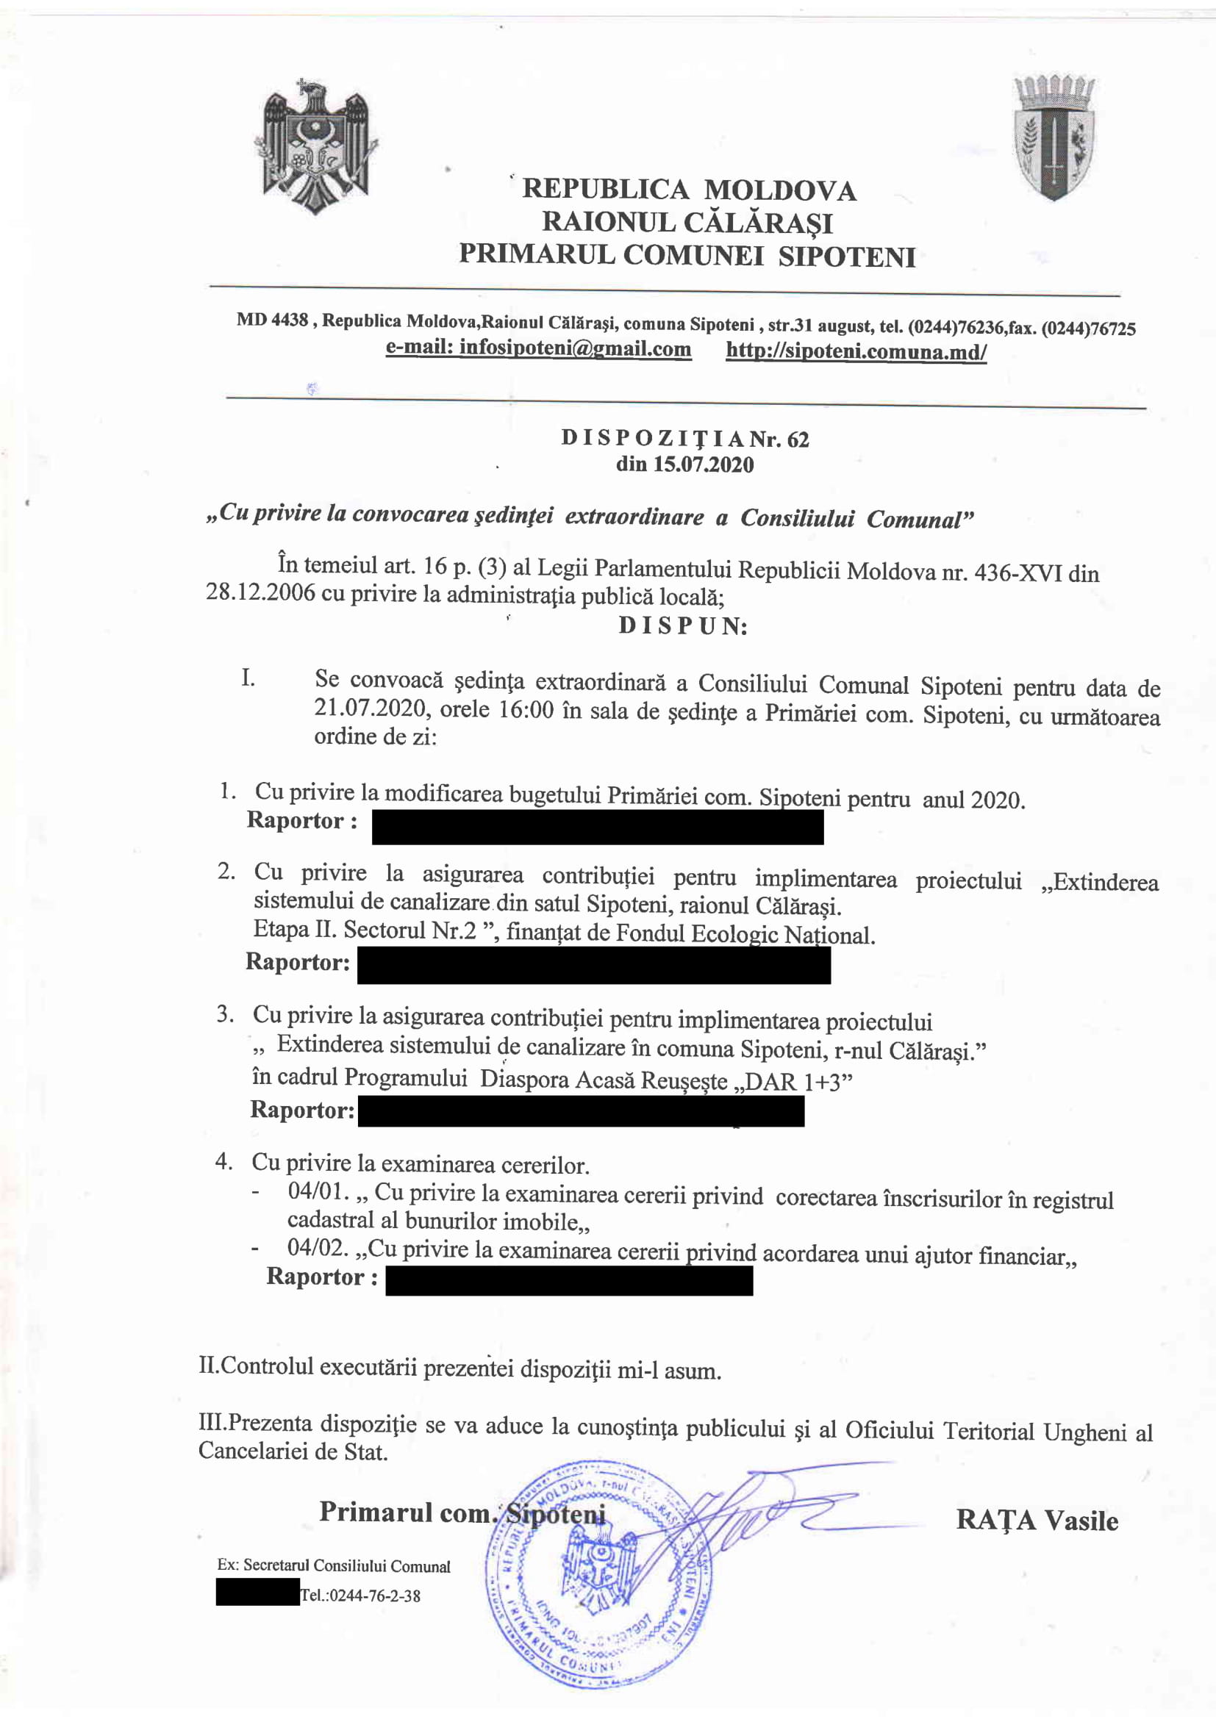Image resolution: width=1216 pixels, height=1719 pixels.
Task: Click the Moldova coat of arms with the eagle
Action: (316, 146)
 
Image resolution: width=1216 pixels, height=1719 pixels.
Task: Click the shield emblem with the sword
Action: (1054, 137)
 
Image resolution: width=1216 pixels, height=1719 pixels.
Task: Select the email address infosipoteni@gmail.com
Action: (537, 349)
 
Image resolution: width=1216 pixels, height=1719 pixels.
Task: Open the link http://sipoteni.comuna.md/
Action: (856, 352)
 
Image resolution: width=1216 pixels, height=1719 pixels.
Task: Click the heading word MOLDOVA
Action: (780, 191)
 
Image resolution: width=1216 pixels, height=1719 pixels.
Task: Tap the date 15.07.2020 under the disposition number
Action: (684, 465)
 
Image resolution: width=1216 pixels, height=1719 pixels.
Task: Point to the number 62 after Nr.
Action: (798, 439)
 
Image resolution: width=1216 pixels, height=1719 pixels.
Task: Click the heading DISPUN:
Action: (683, 626)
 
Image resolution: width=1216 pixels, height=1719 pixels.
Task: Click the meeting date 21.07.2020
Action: (371, 708)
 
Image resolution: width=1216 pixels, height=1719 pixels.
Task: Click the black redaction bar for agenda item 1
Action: (598, 828)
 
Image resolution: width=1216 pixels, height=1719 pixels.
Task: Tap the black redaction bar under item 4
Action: (569, 1281)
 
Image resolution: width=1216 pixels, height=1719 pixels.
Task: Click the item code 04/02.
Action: (318, 1248)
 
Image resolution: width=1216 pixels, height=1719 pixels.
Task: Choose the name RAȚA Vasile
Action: (1037, 1521)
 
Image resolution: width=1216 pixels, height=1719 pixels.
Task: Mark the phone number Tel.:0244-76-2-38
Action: (360, 1596)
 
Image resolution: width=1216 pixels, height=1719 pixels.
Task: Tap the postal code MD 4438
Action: (272, 320)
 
